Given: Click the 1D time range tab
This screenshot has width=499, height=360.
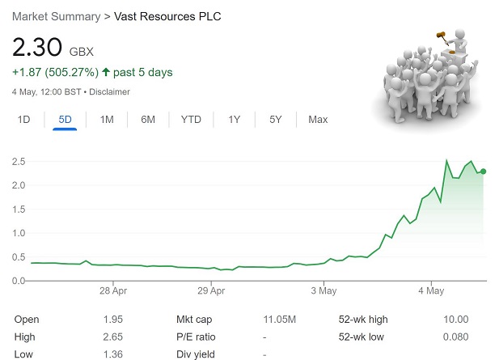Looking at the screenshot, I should point(24,120).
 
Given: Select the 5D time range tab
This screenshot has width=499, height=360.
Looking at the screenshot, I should point(65,120).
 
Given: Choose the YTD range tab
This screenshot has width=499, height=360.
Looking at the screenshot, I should point(191,120).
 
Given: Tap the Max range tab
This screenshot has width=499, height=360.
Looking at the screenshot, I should point(318,120).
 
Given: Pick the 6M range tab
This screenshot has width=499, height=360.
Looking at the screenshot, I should point(148,120).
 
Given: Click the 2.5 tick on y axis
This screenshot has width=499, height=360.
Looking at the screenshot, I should point(18,162).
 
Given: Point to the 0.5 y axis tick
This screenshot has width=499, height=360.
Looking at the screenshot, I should point(18,257).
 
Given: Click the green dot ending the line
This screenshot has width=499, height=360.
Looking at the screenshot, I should point(484,172).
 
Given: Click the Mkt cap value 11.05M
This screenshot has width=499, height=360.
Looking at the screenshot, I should point(279,320).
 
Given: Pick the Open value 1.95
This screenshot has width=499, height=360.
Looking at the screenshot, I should point(113,320).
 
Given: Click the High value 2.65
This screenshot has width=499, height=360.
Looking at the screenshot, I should point(113,337).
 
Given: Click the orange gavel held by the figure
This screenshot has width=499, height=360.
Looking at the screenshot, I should point(442,35).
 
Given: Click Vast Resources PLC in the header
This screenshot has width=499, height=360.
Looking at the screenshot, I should point(167,16).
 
